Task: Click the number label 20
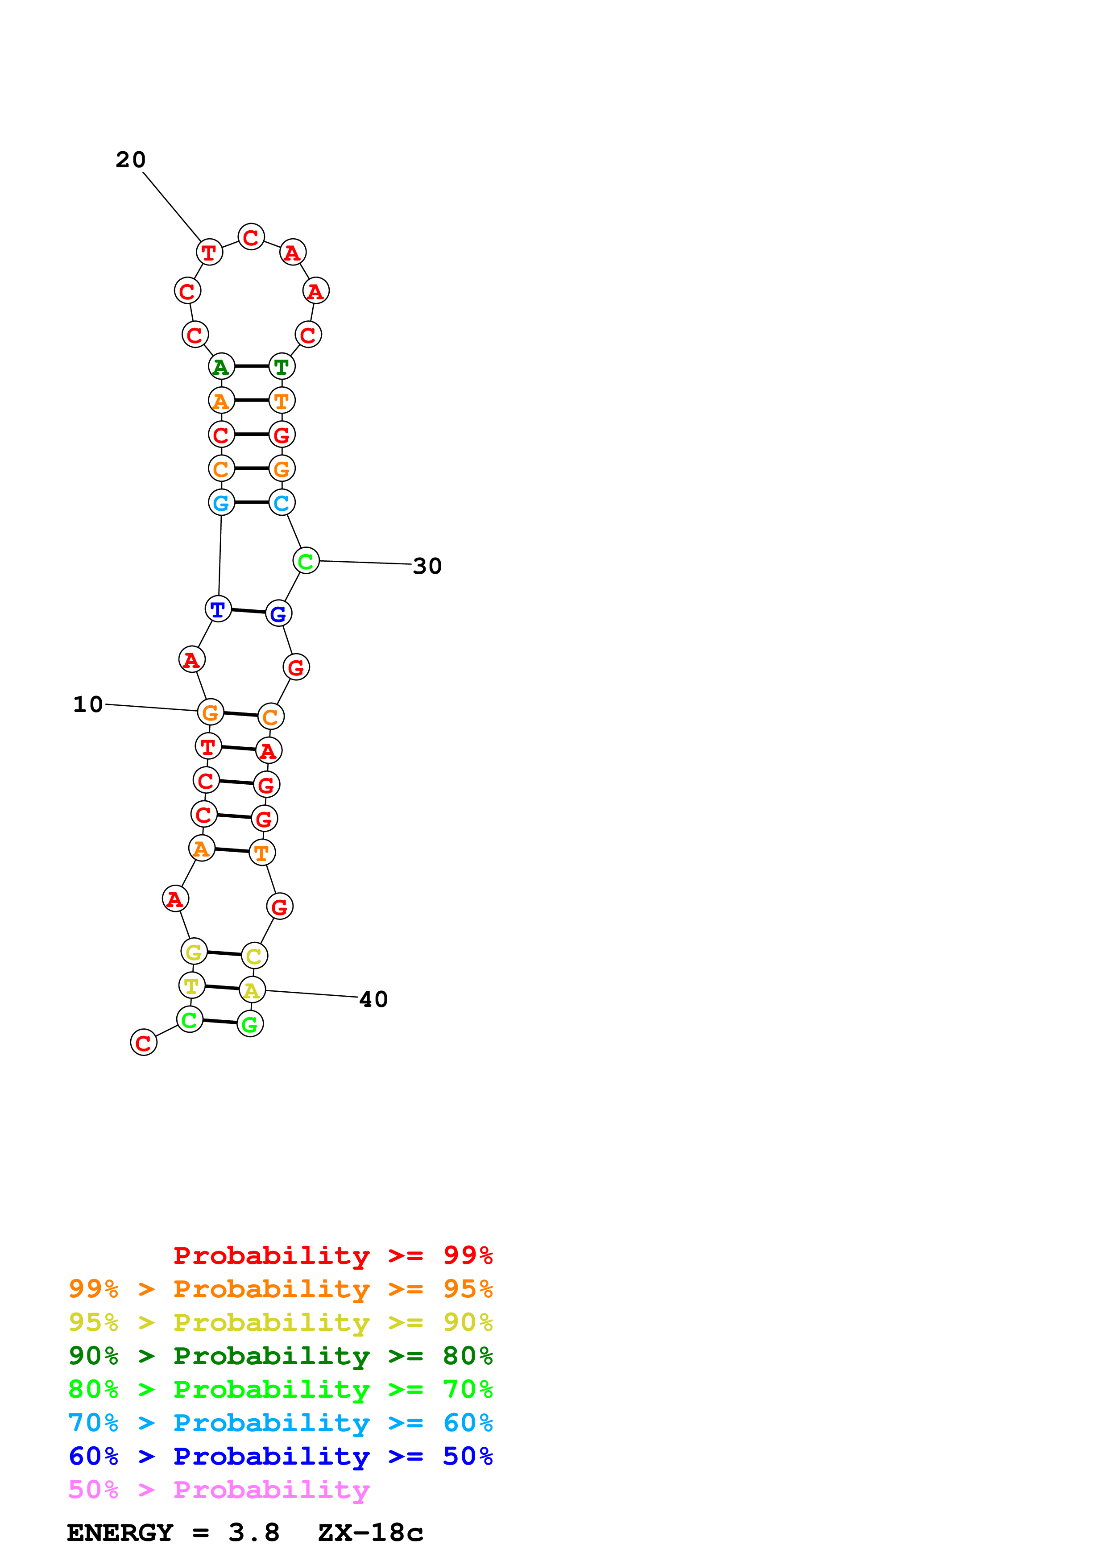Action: (130, 160)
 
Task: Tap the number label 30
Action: (427, 566)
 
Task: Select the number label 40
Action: (373, 999)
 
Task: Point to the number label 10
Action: (88, 704)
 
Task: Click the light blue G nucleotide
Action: (221, 503)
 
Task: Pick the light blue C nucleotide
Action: (282, 503)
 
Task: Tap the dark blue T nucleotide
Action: (218, 609)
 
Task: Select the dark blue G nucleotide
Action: (278, 613)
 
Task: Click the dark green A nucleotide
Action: (221, 367)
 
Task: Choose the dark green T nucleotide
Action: (282, 367)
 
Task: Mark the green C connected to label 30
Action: (306, 561)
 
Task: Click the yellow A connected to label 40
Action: (252, 990)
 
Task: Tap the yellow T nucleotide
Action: (191, 985)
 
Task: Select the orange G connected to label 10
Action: (211, 712)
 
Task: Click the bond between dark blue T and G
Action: (248, 612)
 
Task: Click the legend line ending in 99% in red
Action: (332, 1255)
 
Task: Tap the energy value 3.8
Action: (254, 1533)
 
